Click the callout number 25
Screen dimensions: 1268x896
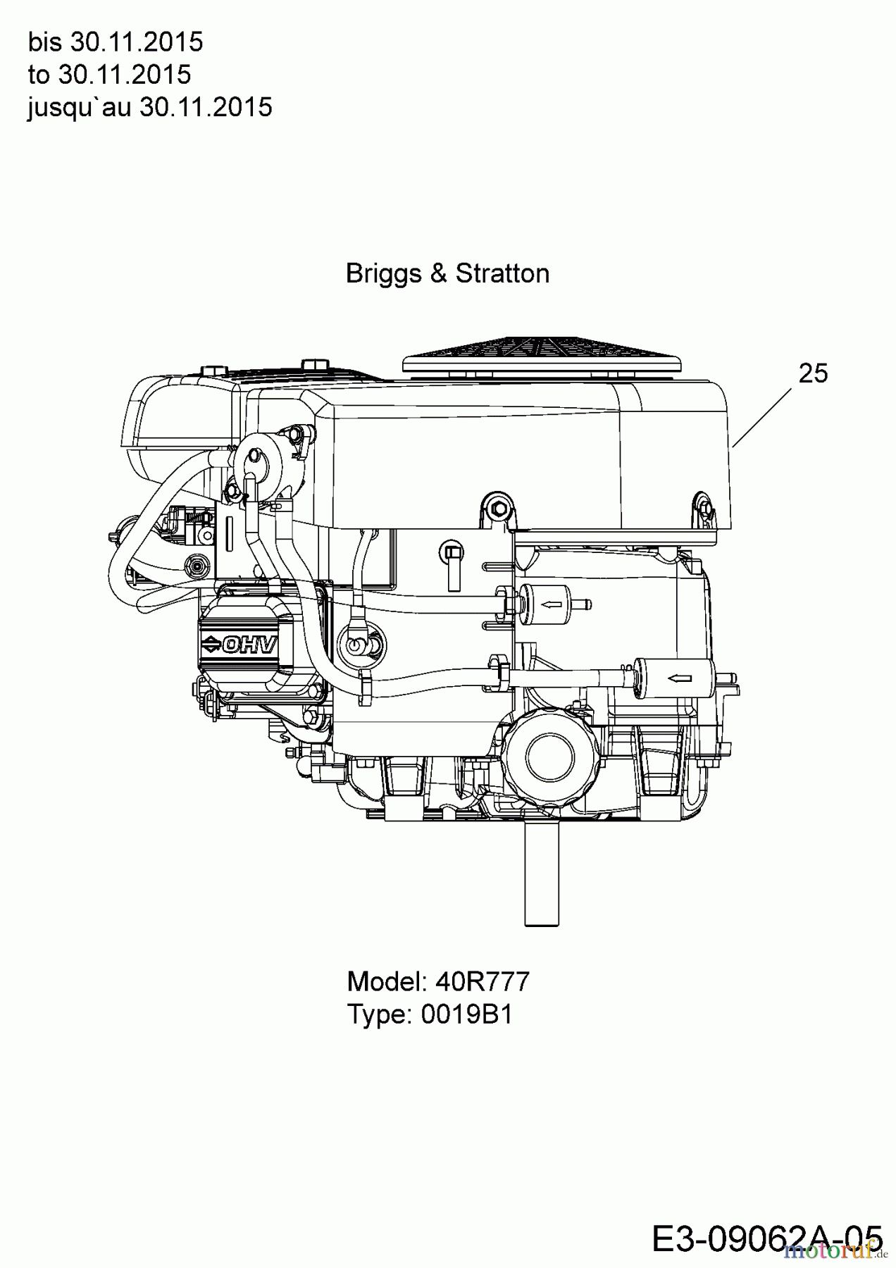(813, 373)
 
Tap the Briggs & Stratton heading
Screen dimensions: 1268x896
(447, 273)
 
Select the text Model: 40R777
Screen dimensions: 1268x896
(438, 981)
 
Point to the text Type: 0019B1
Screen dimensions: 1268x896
(430, 1014)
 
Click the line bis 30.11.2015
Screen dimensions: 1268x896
(116, 42)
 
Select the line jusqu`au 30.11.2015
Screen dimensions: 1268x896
(149, 107)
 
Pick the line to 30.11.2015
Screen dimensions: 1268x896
(109, 75)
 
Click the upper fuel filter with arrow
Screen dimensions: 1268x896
(547, 603)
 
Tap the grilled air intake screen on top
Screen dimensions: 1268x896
(541, 354)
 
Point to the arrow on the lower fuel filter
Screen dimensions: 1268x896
(678, 678)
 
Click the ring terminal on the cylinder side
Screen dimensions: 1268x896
(359, 644)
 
